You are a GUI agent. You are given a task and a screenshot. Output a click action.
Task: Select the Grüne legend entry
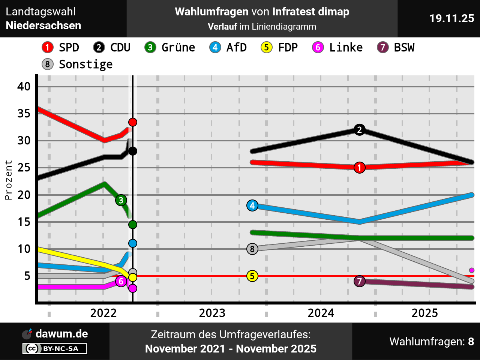click(170, 48)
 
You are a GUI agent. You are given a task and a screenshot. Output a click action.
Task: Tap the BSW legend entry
click(396, 48)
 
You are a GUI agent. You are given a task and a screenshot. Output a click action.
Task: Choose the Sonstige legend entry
click(77, 64)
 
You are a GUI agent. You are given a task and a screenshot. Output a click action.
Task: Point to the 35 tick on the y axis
click(24, 113)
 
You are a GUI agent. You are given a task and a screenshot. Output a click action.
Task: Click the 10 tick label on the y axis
click(24, 249)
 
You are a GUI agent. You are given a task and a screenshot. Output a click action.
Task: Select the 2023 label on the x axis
click(212, 313)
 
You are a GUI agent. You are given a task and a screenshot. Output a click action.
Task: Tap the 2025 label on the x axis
click(424, 313)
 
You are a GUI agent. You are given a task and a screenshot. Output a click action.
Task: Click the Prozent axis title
click(8, 180)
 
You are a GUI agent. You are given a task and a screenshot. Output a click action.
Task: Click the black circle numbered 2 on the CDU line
click(360, 130)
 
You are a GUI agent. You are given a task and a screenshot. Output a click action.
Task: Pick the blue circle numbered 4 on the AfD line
click(252, 205)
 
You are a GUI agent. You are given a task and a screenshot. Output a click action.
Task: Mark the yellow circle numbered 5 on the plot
click(252, 276)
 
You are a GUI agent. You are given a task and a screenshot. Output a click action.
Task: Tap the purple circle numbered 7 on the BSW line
click(360, 281)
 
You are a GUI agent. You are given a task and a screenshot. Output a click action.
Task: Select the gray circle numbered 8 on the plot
click(252, 249)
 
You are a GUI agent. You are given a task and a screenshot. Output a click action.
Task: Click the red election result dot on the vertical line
click(133, 122)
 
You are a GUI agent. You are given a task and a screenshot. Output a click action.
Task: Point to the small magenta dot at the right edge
click(472, 270)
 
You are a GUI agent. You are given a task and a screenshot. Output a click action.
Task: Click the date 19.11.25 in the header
click(451, 18)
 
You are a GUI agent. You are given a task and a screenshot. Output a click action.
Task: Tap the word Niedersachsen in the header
click(43, 25)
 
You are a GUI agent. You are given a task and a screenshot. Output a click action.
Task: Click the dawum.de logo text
click(61, 334)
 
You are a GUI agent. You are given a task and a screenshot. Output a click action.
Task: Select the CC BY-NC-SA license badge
click(55, 349)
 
